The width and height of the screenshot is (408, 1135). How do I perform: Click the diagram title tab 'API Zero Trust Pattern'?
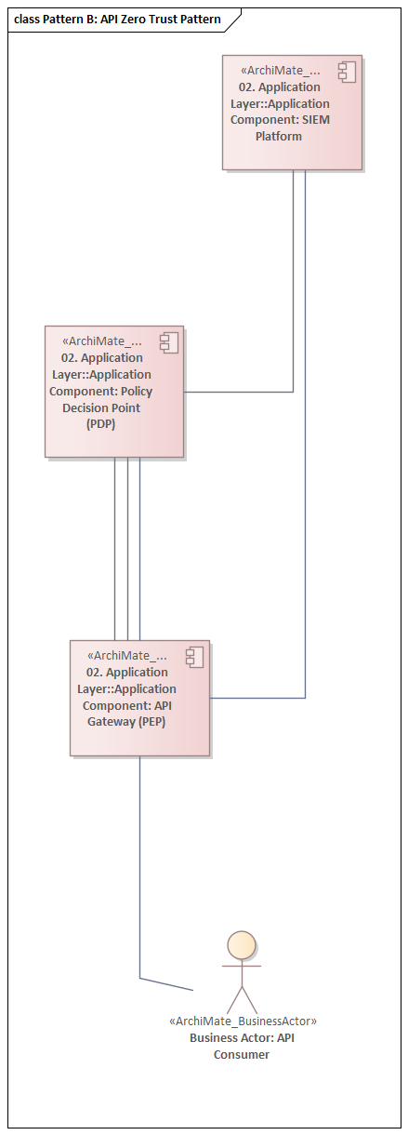[118, 19]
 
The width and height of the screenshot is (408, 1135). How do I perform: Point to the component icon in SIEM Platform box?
[347, 73]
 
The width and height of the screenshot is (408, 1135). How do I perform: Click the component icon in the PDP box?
[168, 343]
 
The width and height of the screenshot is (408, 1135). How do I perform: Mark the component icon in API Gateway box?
[193, 658]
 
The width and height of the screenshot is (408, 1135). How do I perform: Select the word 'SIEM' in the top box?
[314, 120]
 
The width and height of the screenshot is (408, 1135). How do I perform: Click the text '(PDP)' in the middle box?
[100, 424]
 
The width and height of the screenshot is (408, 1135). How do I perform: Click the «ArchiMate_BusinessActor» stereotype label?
[243, 1021]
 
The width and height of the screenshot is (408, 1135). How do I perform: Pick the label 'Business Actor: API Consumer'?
[242, 1046]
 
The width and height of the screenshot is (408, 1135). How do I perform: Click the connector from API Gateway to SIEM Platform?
[305, 465]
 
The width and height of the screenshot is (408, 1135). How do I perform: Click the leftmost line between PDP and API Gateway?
[115, 549]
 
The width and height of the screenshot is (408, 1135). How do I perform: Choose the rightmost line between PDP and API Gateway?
[139, 549]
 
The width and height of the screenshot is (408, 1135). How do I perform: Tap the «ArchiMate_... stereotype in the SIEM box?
[280, 70]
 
